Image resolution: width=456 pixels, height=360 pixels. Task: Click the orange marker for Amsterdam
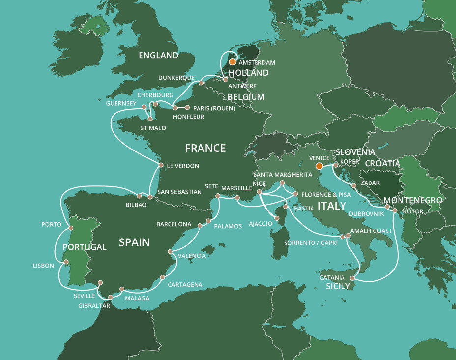click(232, 62)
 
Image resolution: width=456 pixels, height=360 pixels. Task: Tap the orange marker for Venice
click(319, 166)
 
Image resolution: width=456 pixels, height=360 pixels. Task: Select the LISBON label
click(43, 266)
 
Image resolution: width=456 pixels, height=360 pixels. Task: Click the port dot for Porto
click(71, 228)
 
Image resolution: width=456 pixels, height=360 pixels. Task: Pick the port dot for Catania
click(352, 278)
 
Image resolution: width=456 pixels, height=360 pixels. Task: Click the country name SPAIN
click(134, 242)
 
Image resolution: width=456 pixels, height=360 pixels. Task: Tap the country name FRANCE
click(205, 148)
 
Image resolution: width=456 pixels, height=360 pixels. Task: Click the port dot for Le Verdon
click(161, 165)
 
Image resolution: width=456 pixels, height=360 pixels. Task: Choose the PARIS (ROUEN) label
click(213, 108)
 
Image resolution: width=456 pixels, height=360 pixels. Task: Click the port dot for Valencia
click(171, 251)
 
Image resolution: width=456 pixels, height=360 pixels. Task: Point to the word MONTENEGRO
click(412, 201)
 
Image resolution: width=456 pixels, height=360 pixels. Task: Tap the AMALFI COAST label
click(371, 231)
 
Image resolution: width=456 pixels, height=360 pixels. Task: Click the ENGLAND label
click(158, 55)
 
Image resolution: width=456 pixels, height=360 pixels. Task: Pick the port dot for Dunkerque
click(201, 83)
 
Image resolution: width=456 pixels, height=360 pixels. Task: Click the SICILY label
click(338, 286)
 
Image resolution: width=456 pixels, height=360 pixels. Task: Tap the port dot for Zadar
click(354, 186)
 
